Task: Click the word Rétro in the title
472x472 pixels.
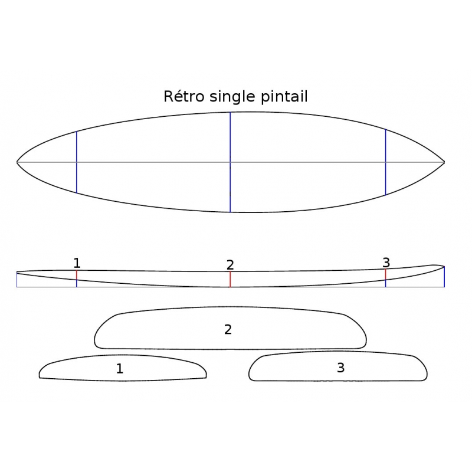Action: pyautogui.click(x=184, y=96)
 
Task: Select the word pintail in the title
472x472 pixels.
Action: pyautogui.click(x=284, y=97)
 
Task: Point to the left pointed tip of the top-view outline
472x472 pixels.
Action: pyautogui.click(x=17, y=162)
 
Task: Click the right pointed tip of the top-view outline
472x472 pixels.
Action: pyautogui.click(x=444, y=162)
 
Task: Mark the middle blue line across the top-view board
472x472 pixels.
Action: pyautogui.click(x=230, y=162)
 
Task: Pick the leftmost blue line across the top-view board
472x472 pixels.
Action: pyautogui.click(x=77, y=162)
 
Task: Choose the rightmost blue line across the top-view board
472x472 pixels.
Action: pyautogui.click(x=386, y=162)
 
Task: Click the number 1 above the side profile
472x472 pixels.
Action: pyautogui.click(x=77, y=263)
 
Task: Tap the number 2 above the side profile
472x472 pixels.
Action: pyautogui.click(x=230, y=265)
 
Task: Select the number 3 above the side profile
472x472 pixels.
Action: pyautogui.click(x=386, y=263)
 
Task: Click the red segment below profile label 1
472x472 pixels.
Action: pyautogui.click(x=77, y=275)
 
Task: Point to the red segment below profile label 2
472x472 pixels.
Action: pyautogui.click(x=230, y=279)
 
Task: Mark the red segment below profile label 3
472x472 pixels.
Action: pyautogui.click(x=386, y=274)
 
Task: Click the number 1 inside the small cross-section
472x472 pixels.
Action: pyautogui.click(x=120, y=368)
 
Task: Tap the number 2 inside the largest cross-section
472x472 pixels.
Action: pyautogui.click(x=228, y=330)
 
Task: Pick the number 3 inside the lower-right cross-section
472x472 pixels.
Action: pyautogui.click(x=341, y=368)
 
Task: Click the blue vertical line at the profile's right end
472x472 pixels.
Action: pyautogui.click(x=444, y=277)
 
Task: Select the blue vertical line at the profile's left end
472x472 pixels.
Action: pyautogui.click(x=17, y=280)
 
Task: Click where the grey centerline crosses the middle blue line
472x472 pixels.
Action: pyautogui.click(x=230, y=162)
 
